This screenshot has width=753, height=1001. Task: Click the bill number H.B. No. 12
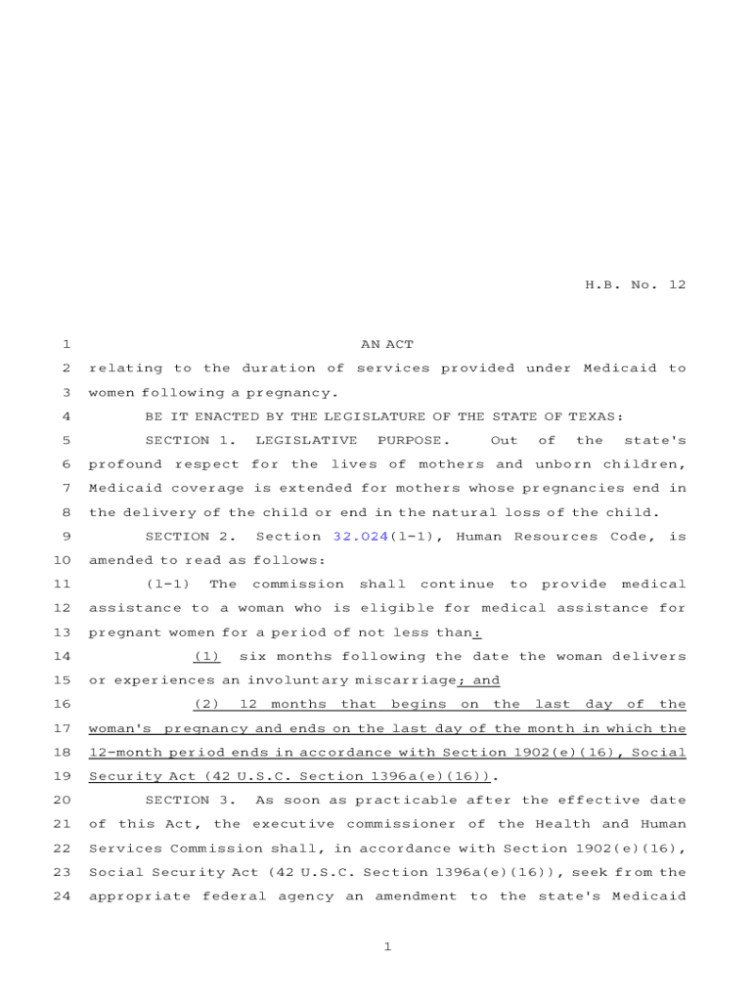click(635, 285)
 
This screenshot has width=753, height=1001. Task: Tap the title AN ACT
click(387, 344)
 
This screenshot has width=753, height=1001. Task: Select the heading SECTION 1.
click(190, 440)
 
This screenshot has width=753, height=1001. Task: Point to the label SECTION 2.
click(190, 536)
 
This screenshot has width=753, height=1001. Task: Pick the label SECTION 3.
click(190, 800)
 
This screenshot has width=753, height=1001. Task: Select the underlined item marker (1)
click(206, 656)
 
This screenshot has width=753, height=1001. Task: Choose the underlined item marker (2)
click(206, 704)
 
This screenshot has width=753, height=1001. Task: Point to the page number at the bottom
click(387, 946)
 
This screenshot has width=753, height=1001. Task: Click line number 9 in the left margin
click(65, 536)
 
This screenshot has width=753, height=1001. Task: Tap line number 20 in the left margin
click(61, 800)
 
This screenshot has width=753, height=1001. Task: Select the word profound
click(126, 464)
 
